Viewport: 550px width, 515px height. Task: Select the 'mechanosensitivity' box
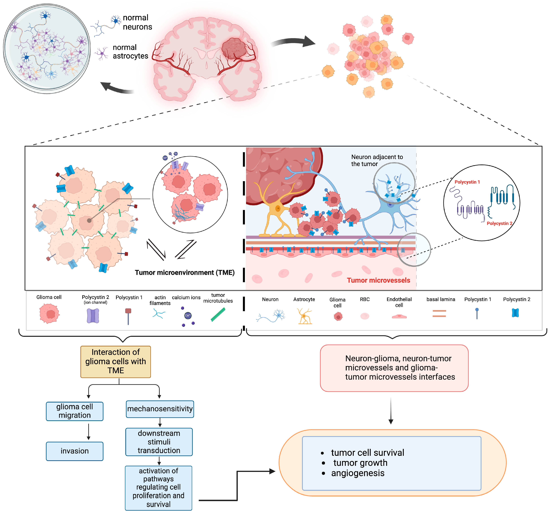click(x=160, y=409)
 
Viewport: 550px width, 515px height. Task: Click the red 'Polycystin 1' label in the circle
click(x=467, y=182)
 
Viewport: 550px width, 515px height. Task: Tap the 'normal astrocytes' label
click(x=130, y=52)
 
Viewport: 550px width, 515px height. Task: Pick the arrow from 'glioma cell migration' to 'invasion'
click(x=88, y=431)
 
